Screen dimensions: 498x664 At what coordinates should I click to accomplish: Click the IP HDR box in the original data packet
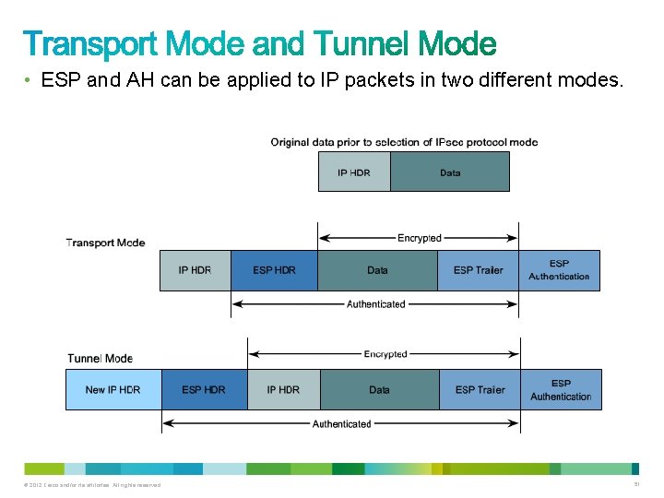pyautogui.click(x=354, y=172)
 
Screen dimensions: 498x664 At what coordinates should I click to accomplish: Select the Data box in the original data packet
pyautogui.click(x=450, y=172)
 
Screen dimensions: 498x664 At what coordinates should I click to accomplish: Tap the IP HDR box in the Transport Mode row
pyautogui.click(x=195, y=270)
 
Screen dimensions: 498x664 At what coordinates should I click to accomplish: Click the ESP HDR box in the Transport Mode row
pyautogui.click(x=275, y=270)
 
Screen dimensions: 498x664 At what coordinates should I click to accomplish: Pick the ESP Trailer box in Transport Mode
pyautogui.click(x=478, y=270)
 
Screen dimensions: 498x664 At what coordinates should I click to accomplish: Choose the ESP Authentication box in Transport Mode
pyautogui.click(x=559, y=270)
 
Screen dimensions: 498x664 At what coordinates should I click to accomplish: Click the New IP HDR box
pyautogui.click(x=113, y=389)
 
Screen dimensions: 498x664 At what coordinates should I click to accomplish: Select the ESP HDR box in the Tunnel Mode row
pyautogui.click(x=204, y=389)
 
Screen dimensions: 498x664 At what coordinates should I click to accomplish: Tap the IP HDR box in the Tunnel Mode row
pyautogui.click(x=283, y=389)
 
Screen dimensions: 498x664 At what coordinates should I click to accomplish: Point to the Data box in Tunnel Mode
pyautogui.click(x=379, y=389)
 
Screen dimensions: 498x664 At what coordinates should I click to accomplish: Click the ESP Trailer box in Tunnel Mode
pyautogui.click(x=480, y=389)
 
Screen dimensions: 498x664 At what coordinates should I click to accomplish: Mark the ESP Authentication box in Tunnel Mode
pyautogui.click(x=561, y=389)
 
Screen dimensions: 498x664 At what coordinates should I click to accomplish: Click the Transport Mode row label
pyautogui.click(x=105, y=243)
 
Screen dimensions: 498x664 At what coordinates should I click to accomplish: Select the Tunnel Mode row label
pyautogui.click(x=100, y=358)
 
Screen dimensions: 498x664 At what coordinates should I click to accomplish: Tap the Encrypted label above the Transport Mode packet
pyautogui.click(x=419, y=238)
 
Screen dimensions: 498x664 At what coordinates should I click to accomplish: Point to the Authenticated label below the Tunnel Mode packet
pyautogui.click(x=341, y=424)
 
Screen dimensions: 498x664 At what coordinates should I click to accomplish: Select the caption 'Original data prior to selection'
pyautogui.click(x=404, y=142)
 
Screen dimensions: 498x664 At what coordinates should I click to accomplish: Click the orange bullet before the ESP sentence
pyautogui.click(x=30, y=81)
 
